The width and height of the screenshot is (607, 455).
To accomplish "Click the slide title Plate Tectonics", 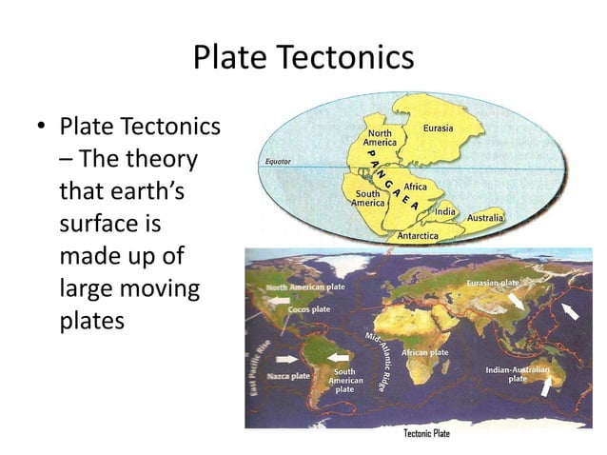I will [x=303, y=58].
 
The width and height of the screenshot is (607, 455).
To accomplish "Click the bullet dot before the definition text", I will [x=41, y=128].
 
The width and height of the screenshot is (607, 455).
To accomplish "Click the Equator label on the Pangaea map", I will [x=278, y=162].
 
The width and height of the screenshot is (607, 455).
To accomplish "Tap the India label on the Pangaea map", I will [x=445, y=210].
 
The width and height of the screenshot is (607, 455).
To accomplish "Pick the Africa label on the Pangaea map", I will [x=415, y=187].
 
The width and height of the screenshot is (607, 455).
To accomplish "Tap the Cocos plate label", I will [x=309, y=309].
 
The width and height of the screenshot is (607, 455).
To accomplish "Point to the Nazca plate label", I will [x=288, y=376].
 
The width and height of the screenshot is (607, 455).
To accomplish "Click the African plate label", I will [x=424, y=352].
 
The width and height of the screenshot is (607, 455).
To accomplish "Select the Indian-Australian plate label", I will [x=517, y=373].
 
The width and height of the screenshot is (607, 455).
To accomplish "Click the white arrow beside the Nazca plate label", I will [x=285, y=360].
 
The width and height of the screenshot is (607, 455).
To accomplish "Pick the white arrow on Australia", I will [x=546, y=386].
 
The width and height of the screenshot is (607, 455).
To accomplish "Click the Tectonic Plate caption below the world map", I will [x=427, y=434].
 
